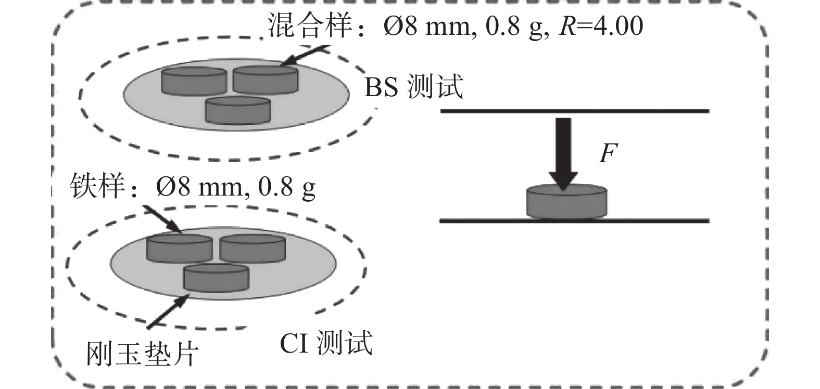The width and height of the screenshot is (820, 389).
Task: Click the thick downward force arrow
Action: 562,151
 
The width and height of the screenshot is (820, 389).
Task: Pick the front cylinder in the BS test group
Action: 238,110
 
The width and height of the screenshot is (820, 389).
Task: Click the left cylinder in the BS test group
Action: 194,81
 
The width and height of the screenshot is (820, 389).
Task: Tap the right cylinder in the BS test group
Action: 266,79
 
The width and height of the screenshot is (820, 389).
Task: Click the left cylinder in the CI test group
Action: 179,248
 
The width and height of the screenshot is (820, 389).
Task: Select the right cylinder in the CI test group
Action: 252,248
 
